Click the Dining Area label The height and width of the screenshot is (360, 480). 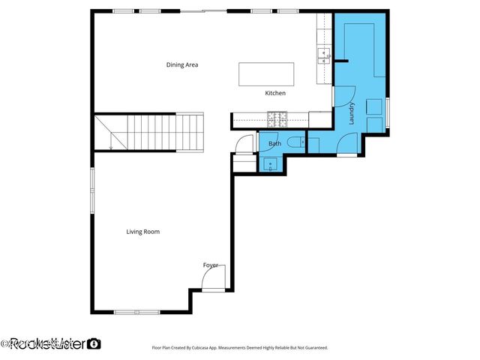click(x=181, y=65)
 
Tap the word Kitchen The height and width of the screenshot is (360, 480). click(x=275, y=93)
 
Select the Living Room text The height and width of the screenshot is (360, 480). click(x=142, y=232)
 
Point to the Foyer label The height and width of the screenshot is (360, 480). click(x=211, y=265)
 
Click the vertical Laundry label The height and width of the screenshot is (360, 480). click(x=351, y=113)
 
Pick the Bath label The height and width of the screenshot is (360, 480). click(x=274, y=143)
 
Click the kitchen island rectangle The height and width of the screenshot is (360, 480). click(x=266, y=74)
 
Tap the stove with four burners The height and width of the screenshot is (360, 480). click(x=277, y=118)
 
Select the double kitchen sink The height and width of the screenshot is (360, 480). click(x=324, y=54)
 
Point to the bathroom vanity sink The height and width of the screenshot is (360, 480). click(x=269, y=163)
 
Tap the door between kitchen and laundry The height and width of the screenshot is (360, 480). click(x=342, y=96)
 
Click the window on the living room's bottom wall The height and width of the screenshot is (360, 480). click(x=136, y=311)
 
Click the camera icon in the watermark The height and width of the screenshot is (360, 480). click(x=94, y=344)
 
